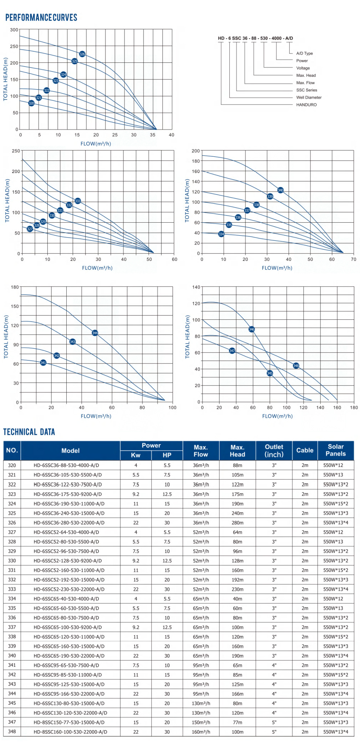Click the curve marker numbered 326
pos(82,54)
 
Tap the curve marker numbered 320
pos(31,103)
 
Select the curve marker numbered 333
pos(78,201)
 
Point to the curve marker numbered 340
pos(280,190)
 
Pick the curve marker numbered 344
pos(95,333)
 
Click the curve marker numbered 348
pos(296,366)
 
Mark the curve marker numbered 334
pos(221,234)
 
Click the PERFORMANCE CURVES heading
pos(41,17)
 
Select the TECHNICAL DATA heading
pos(29,432)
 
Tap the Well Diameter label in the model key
pos(309,97)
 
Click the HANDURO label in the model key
pos(306,105)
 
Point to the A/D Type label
pos(304,54)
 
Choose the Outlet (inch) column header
pos(274,451)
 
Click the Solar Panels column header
pos(335,450)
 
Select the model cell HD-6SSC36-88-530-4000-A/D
pos(66,465)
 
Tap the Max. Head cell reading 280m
pos(237,522)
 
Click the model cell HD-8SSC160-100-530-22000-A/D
pos(70,732)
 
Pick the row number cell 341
pos(12,665)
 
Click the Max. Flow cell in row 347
pos(201,722)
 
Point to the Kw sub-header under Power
pos(136,455)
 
